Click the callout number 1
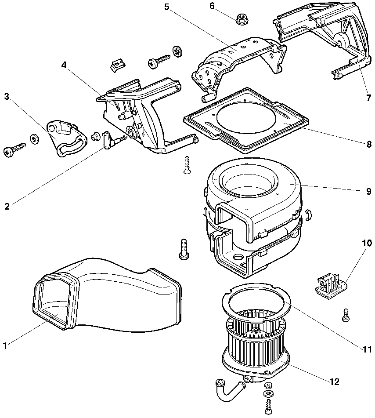pos(5,346)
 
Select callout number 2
pos(7,206)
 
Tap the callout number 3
pos(6,96)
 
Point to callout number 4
pos(64,65)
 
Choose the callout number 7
pos(368,98)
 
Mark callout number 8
pos(368,144)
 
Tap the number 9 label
pos(368,192)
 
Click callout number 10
pos(367,243)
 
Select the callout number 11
pos(367,349)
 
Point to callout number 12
pos(335,382)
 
